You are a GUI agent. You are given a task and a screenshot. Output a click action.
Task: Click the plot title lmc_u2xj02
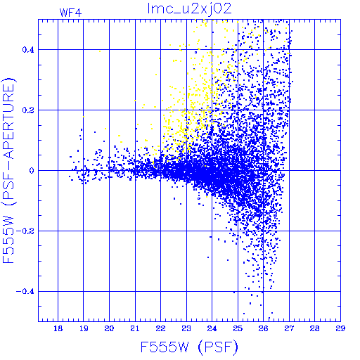189,9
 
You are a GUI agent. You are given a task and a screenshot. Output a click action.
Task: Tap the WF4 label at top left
70,13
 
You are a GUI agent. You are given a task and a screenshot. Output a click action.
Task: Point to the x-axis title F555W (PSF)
189,347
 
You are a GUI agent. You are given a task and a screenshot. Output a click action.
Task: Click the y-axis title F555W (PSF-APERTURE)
9,170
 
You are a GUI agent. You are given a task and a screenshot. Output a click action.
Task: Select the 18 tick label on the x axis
58,328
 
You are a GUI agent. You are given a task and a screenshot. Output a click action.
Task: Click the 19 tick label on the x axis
84,328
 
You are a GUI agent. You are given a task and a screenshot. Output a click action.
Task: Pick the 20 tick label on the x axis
109,328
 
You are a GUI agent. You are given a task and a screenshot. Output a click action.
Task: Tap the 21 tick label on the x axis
135,328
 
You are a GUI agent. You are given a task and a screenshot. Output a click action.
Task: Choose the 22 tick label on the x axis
160,328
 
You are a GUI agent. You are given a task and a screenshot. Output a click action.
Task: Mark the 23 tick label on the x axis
186,328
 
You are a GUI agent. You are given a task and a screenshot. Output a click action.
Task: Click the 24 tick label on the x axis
212,328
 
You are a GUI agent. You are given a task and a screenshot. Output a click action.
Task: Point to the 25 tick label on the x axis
238,328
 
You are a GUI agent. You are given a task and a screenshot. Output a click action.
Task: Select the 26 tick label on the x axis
263,328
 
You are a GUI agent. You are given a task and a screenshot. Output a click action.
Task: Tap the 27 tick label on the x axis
289,328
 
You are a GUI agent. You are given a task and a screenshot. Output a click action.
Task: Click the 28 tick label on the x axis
314,328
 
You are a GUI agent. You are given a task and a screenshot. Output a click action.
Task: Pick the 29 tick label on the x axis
340,328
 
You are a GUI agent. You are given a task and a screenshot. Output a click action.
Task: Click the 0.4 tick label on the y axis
28,49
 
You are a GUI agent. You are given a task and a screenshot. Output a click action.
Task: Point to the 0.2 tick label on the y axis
28,110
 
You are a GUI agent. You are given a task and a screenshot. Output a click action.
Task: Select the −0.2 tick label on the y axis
25,231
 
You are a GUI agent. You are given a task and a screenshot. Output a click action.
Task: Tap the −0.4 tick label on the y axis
25,292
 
